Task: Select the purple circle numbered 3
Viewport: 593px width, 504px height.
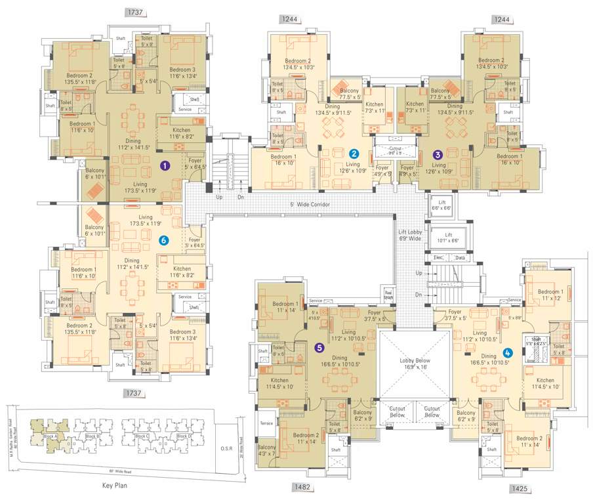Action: (x=438, y=154)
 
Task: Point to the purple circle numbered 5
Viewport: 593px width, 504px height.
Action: (x=320, y=347)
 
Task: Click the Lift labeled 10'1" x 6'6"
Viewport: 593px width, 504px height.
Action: (x=449, y=238)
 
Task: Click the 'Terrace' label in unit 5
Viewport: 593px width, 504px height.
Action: (x=266, y=423)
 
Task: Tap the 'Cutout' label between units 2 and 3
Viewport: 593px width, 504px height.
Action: (x=395, y=149)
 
